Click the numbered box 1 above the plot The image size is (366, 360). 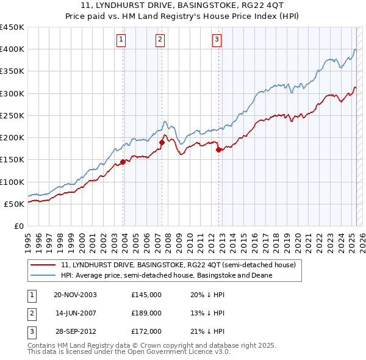[x=121, y=40]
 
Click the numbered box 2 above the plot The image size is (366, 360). [x=160, y=40]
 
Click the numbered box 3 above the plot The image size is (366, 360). [x=217, y=40]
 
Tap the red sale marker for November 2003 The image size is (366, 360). [x=123, y=162]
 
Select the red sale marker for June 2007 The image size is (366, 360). [x=162, y=142]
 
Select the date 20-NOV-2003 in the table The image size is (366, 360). [x=76, y=295]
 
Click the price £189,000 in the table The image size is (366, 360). [x=146, y=313]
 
